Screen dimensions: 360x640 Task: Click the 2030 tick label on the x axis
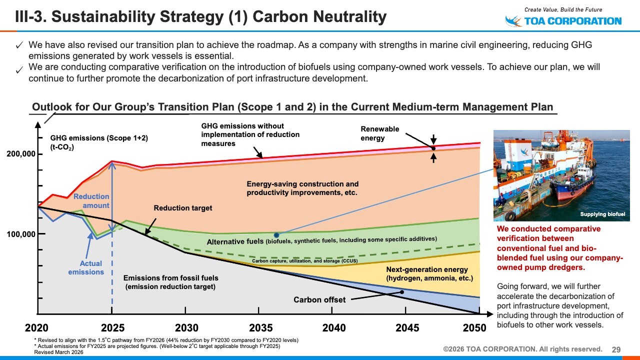(x=186, y=328)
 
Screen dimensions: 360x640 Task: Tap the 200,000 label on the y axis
(x=21, y=154)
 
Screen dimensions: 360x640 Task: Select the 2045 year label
(x=407, y=328)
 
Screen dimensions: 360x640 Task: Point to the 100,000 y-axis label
(x=21, y=234)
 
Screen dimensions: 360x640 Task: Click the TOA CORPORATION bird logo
(x=513, y=21)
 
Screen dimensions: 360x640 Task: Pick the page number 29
(x=616, y=349)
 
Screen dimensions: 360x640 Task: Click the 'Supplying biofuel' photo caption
(x=602, y=214)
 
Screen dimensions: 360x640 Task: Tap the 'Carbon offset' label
(x=319, y=300)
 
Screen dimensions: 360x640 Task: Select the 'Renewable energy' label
(x=380, y=133)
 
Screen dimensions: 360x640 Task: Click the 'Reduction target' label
(x=183, y=208)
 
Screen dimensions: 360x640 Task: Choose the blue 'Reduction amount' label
(x=91, y=201)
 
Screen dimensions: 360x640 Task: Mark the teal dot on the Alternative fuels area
(x=276, y=235)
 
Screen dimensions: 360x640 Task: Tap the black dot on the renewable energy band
(x=433, y=148)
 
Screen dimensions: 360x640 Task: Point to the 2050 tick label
(x=474, y=328)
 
